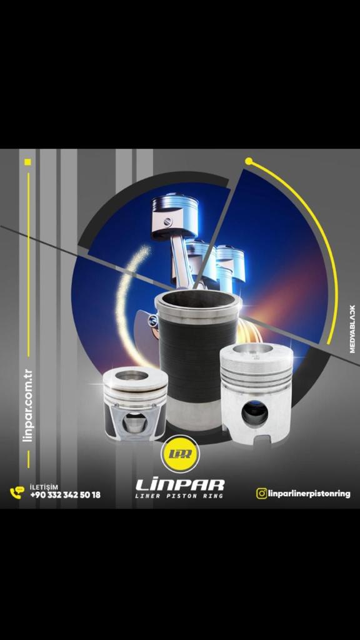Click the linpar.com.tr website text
click(x=28, y=406)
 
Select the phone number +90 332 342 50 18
click(x=65, y=495)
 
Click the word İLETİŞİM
click(x=44, y=487)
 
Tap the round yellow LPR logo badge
click(x=180, y=454)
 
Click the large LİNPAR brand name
click(x=180, y=484)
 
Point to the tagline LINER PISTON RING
click(x=179, y=496)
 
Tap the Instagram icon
click(x=261, y=494)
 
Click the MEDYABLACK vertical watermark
click(x=352, y=329)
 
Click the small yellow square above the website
click(x=27, y=162)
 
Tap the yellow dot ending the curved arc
click(x=249, y=161)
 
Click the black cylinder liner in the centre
click(x=197, y=359)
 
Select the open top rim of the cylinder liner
click(x=198, y=299)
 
